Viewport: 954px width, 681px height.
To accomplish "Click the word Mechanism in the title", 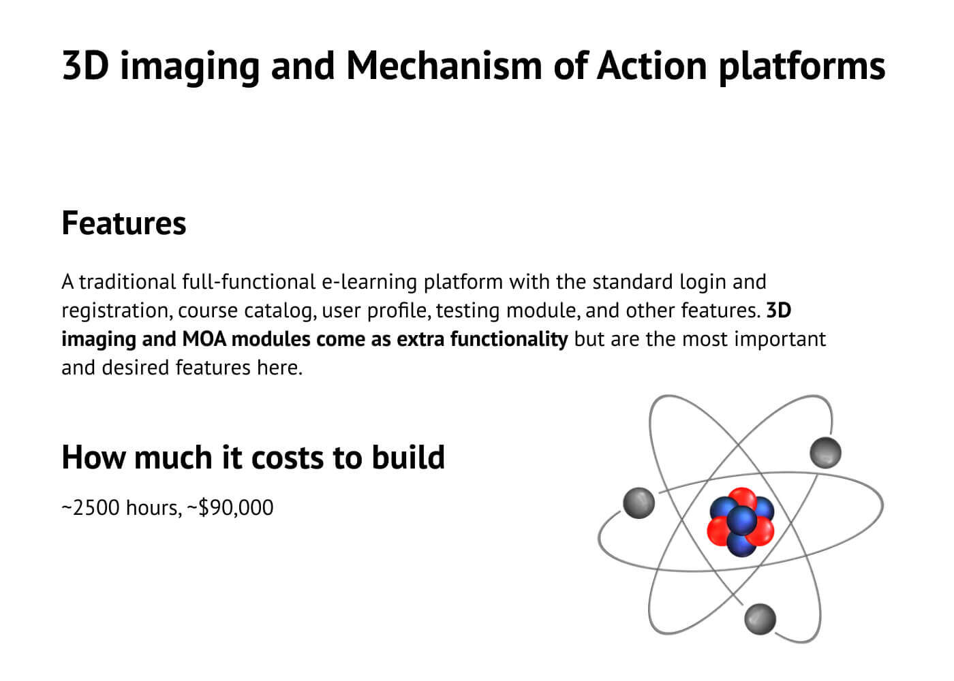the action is [x=444, y=66].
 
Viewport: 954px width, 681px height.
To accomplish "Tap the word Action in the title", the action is [x=651, y=66].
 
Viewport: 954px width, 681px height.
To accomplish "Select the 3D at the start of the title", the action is [x=86, y=66].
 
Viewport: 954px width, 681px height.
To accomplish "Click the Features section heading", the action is [x=124, y=223].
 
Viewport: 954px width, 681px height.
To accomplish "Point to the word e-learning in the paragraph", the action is [x=369, y=283].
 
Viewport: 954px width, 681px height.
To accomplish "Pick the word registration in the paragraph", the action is [x=117, y=311].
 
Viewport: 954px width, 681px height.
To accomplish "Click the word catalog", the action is [x=280, y=311].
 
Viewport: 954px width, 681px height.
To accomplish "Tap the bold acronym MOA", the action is [x=204, y=339].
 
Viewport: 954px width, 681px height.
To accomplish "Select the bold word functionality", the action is [x=509, y=340].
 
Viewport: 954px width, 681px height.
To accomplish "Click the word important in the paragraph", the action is [x=780, y=340].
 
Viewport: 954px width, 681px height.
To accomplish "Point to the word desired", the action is [x=136, y=368].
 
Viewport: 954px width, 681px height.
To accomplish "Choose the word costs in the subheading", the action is [x=288, y=458].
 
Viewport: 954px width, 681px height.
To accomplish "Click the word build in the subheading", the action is [x=408, y=457].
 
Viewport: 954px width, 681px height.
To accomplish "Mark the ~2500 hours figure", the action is [x=122, y=508].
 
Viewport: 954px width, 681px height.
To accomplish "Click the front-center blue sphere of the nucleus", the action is [x=741, y=520].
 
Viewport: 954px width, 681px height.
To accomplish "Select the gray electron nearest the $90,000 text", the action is [x=638, y=503].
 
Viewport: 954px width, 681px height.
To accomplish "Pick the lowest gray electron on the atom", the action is [x=760, y=619].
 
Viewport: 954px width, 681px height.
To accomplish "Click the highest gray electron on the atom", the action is [x=825, y=452].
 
